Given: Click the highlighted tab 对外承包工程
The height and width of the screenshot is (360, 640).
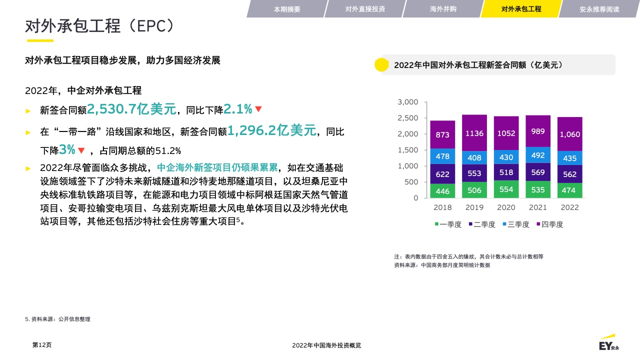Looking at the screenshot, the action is tap(521, 9).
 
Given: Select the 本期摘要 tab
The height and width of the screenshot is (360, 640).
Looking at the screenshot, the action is tap(287, 9).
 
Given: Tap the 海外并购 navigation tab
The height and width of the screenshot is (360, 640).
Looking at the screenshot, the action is tap(443, 9).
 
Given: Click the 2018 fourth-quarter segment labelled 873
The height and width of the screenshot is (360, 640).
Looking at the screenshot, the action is tap(442, 134).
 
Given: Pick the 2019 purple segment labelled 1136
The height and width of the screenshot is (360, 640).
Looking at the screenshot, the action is tap(474, 133).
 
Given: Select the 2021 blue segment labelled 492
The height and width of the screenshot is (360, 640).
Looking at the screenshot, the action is tap(538, 155).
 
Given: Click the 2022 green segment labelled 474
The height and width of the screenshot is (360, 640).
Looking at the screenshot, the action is tap(569, 190).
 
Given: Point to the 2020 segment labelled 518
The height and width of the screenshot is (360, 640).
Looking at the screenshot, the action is tap(506, 172).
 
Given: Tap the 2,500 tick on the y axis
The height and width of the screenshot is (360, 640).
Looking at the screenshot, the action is tap(407, 118).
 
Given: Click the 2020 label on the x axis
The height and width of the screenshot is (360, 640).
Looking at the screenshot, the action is tap(506, 207).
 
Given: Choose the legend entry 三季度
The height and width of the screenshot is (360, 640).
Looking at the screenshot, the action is tap(516, 224).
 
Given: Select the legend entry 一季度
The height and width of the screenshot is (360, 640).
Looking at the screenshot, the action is tap(448, 224).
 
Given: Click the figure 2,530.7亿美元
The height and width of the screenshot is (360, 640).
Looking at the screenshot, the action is tap(131, 109).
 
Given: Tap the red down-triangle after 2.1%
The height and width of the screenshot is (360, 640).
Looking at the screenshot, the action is tap(258, 109).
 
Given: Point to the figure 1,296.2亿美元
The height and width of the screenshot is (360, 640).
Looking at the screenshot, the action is tap(271, 130).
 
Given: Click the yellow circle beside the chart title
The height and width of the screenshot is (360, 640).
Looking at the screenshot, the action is tap(381, 64).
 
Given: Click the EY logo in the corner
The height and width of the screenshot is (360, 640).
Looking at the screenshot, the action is tap(609, 342).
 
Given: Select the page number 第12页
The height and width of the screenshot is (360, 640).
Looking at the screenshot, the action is tap(42, 345).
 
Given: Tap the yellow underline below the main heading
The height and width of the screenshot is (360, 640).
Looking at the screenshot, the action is tap(40, 40).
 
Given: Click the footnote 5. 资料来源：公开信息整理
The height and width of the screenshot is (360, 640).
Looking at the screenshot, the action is tap(57, 319).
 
